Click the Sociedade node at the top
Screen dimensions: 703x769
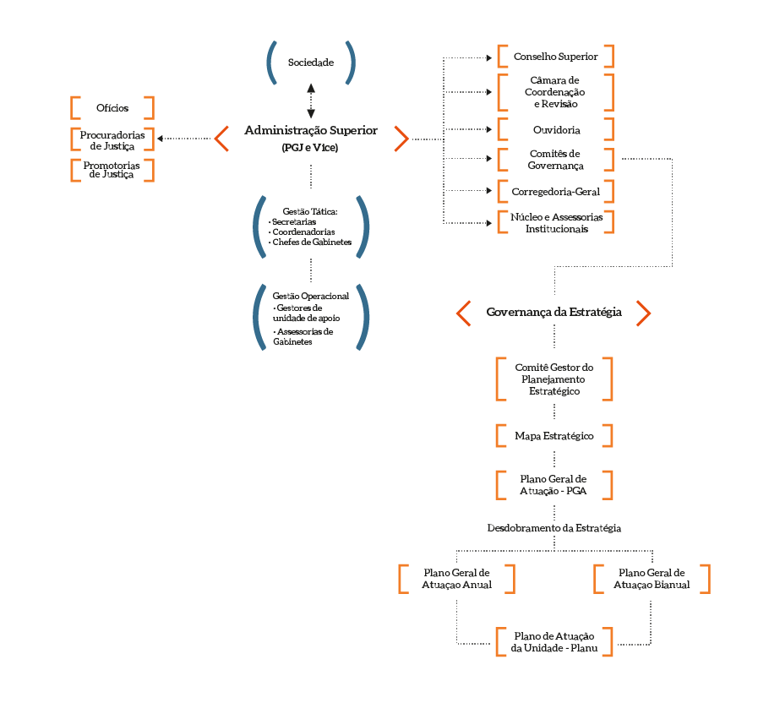coord(311,63)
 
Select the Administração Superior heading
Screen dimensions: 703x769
coord(311,131)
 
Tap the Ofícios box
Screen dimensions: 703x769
coord(112,107)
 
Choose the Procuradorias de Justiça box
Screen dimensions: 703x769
coord(112,139)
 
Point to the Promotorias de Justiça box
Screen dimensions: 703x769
coord(112,169)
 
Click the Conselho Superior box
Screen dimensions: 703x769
coord(555,57)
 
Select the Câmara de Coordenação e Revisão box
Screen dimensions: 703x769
coord(555,92)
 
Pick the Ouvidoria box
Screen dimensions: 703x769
coord(555,129)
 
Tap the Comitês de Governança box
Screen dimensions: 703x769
coord(555,160)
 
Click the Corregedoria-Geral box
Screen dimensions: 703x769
coord(555,192)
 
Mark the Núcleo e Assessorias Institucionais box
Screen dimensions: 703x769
coord(555,222)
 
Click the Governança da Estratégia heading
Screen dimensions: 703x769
coord(554,313)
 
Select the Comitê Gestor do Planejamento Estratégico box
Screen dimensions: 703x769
coord(554,379)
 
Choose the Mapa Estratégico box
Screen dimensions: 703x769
coord(554,436)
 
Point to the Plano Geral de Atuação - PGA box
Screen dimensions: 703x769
coord(554,485)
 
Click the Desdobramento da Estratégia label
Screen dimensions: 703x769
coord(554,527)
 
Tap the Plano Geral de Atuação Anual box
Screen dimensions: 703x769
coord(456,579)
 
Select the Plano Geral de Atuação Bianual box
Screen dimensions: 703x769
coord(652,579)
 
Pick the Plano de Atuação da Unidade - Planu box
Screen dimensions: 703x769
coord(554,641)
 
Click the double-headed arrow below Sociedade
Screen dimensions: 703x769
coord(311,101)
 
